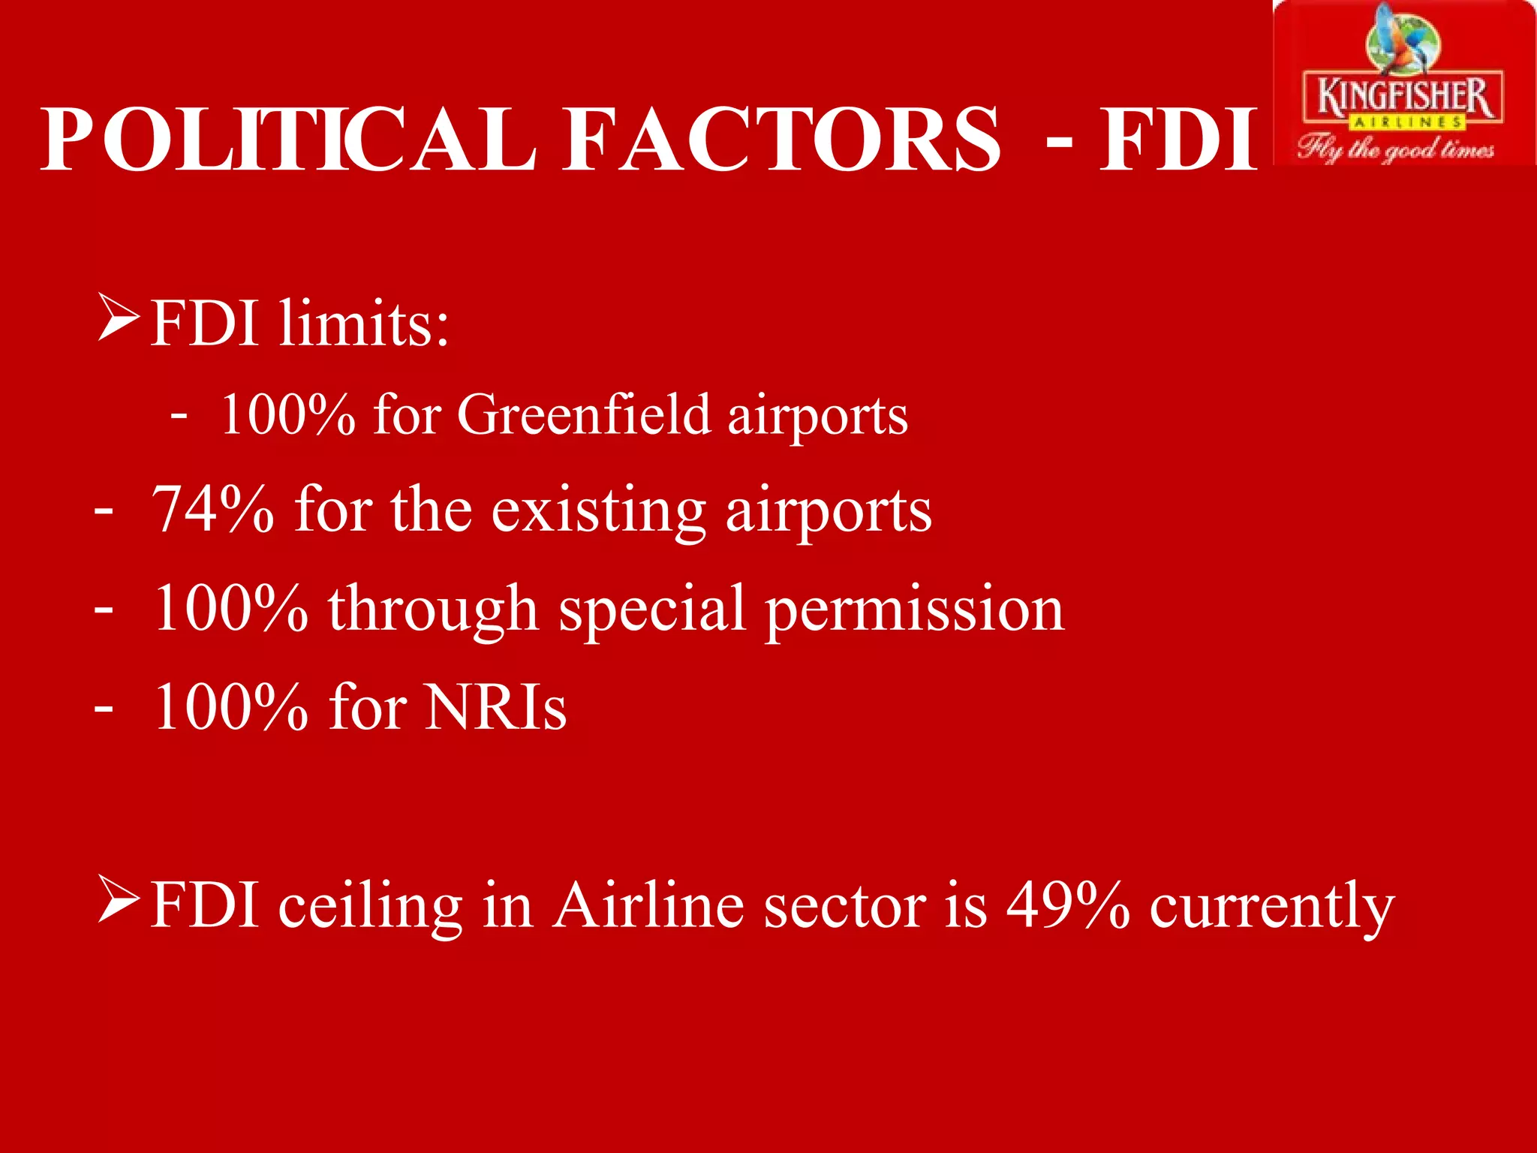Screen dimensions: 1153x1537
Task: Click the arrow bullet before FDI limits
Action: click(x=119, y=318)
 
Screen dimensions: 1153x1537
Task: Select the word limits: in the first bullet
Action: click(x=363, y=324)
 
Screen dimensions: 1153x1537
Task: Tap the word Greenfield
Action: click(x=584, y=414)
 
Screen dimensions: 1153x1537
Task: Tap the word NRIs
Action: click(x=495, y=707)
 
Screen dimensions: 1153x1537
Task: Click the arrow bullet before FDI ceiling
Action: click(x=119, y=901)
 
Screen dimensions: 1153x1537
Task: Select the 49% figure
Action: click(x=1068, y=905)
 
